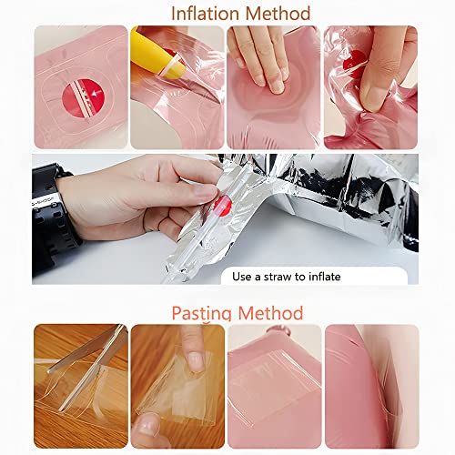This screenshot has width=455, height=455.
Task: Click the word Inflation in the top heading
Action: [x=207, y=14]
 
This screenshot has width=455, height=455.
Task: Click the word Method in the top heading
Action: [x=278, y=14]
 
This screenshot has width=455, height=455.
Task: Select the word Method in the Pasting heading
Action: [x=270, y=313]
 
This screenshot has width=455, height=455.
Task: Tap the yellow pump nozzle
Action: [x=157, y=56]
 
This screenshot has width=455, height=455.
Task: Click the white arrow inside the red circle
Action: [x=96, y=92]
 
